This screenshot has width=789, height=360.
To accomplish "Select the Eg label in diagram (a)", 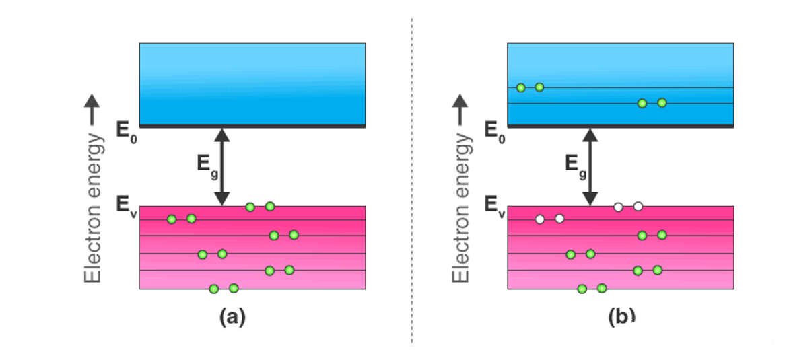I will tap(205, 166).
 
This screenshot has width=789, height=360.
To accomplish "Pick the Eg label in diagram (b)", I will tap(574, 166).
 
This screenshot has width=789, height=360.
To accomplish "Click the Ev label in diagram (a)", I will tap(125, 206).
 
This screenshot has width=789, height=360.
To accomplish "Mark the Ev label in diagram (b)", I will tap(493, 206).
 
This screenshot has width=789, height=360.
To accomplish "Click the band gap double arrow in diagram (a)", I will tap(222, 166).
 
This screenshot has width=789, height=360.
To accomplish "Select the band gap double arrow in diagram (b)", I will tap(590, 166).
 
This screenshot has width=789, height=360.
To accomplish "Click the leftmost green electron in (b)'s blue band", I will tap(520, 87).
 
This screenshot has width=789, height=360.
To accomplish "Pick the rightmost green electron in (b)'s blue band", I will tap(662, 103).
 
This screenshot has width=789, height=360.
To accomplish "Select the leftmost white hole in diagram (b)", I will tap(539, 219).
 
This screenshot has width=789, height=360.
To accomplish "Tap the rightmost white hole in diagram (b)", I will tap(638, 206).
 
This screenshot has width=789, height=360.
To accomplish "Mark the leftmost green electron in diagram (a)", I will tap(172, 219).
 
